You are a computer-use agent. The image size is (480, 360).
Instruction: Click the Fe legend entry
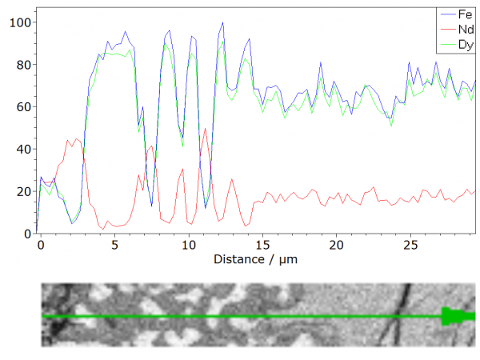click(x=464, y=14)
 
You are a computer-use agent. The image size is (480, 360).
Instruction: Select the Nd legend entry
click(x=464, y=29)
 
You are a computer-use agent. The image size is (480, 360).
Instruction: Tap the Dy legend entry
click(x=464, y=43)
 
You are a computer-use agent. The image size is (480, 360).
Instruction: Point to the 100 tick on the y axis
click(x=18, y=22)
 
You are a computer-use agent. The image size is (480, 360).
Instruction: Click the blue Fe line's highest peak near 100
click(x=222, y=23)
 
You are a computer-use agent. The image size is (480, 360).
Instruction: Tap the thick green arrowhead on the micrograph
click(x=454, y=317)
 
